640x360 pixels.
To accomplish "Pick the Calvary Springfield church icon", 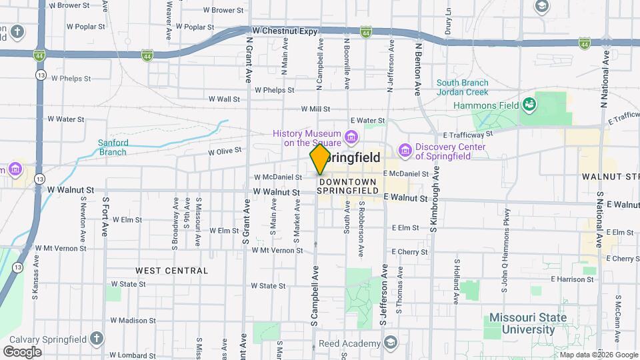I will [97, 338].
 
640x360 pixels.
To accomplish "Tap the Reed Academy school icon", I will [390, 343].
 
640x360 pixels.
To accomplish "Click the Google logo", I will [22, 351].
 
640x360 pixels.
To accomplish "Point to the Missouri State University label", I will [528, 323].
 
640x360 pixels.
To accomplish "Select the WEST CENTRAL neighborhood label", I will [172, 271].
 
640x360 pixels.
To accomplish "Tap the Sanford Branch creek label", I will [112, 147].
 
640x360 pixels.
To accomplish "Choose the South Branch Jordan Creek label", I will [462, 87].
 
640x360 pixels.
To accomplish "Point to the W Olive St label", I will [225, 151].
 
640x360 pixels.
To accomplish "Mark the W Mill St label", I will [316, 109].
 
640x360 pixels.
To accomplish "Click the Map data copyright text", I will [597, 354].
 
